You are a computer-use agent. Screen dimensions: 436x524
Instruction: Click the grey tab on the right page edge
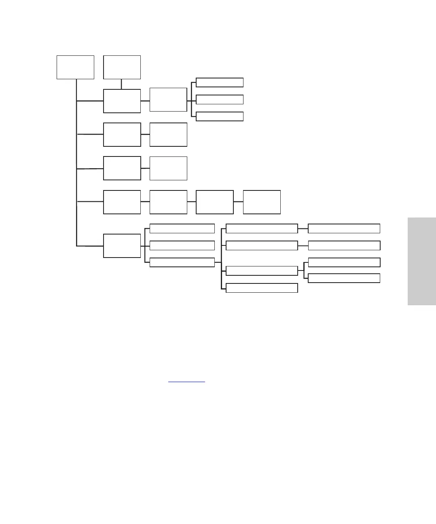[x=421, y=261]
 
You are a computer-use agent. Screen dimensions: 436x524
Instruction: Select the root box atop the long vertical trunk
[x=75, y=67]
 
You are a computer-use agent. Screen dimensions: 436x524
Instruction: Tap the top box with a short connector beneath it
[x=122, y=67]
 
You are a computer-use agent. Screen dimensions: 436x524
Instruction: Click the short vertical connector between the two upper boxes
[x=121, y=84]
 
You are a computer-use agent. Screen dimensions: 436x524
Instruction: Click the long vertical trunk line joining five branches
[x=76, y=162]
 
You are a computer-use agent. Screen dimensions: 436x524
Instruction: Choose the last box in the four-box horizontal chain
[x=262, y=202]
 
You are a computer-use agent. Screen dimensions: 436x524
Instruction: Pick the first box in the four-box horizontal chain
[x=122, y=202]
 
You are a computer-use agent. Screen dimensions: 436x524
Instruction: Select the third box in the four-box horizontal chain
[x=214, y=202]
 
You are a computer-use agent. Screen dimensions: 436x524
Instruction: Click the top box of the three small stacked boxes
[x=220, y=82]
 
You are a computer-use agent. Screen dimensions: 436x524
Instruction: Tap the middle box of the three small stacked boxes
[x=220, y=99]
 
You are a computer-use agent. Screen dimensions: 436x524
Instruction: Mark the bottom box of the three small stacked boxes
[x=220, y=116]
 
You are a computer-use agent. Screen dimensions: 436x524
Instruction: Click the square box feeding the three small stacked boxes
[x=168, y=99]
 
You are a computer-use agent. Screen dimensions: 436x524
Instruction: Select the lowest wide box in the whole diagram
[x=262, y=288]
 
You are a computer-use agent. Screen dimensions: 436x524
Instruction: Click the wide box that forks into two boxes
[x=262, y=271]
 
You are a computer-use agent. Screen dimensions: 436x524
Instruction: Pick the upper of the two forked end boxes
[x=344, y=262]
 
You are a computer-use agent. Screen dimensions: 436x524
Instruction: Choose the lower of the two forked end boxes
[x=344, y=278]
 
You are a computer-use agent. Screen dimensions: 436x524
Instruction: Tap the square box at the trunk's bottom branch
[x=122, y=245]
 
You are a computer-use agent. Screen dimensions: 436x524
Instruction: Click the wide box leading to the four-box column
[x=182, y=262]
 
